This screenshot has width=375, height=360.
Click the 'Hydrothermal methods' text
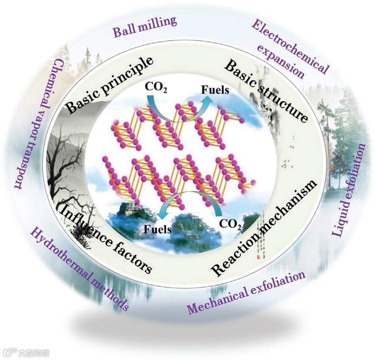[79, 269]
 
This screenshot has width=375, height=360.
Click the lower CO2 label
[230, 224]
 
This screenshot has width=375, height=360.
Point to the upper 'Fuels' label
[215, 90]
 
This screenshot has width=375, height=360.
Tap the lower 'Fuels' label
[158, 229]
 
